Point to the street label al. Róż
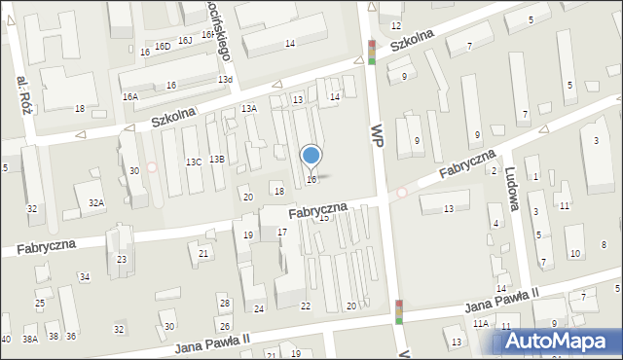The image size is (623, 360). point(24,94)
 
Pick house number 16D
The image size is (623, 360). point(163,46)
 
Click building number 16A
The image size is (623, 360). point(130,97)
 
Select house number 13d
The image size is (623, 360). point(225,79)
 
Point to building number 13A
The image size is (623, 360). point(249,108)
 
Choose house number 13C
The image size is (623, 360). point(194,162)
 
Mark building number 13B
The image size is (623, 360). point(217,159)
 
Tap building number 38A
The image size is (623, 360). point(30,338)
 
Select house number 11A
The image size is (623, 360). point(480,323)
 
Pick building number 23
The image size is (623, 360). point(122,259)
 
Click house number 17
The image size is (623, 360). point(282,232)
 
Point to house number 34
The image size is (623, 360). point(85,277)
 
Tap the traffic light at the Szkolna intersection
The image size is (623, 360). point(372,52)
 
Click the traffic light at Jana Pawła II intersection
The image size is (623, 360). point(399,311)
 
